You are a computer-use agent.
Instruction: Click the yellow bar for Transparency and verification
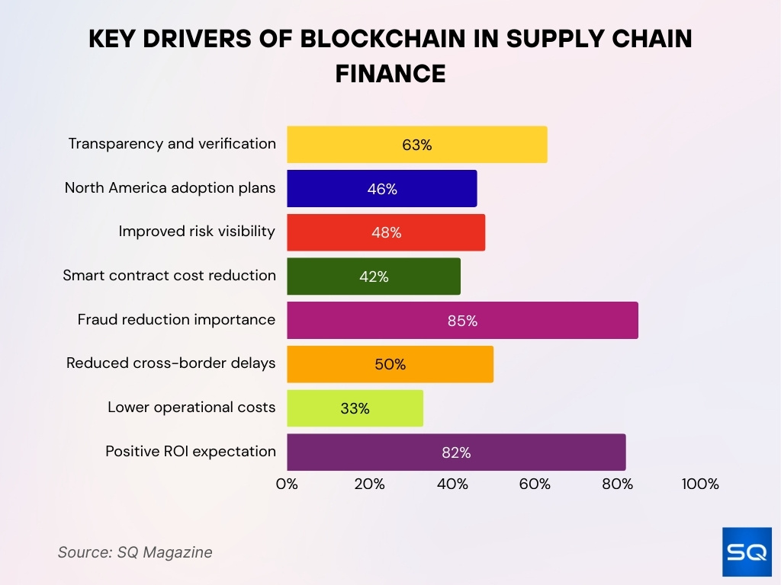[416, 145]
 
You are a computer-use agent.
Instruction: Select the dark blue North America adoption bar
[381, 189]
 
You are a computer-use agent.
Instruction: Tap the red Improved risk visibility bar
[386, 233]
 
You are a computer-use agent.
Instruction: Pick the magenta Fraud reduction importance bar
[462, 321]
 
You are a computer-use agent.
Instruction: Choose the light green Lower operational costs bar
[355, 408]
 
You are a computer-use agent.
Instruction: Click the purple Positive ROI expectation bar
[456, 452]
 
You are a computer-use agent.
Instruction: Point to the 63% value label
[417, 145]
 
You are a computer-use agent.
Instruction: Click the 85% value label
[462, 321]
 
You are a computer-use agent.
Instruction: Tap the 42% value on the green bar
[374, 277]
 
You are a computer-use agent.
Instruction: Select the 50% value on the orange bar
[390, 365]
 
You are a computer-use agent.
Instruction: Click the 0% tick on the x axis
[287, 484]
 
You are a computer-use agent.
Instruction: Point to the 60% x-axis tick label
[535, 484]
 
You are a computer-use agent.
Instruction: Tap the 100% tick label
[700, 484]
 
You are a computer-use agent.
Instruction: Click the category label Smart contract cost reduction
[169, 276]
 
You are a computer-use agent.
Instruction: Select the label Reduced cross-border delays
[171, 363]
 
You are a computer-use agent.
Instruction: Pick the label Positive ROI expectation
[191, 452]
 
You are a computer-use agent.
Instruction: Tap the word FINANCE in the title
[390, 73]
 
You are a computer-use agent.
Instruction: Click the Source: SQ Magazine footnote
[135, 552]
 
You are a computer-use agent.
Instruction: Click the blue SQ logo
[747, 551]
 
